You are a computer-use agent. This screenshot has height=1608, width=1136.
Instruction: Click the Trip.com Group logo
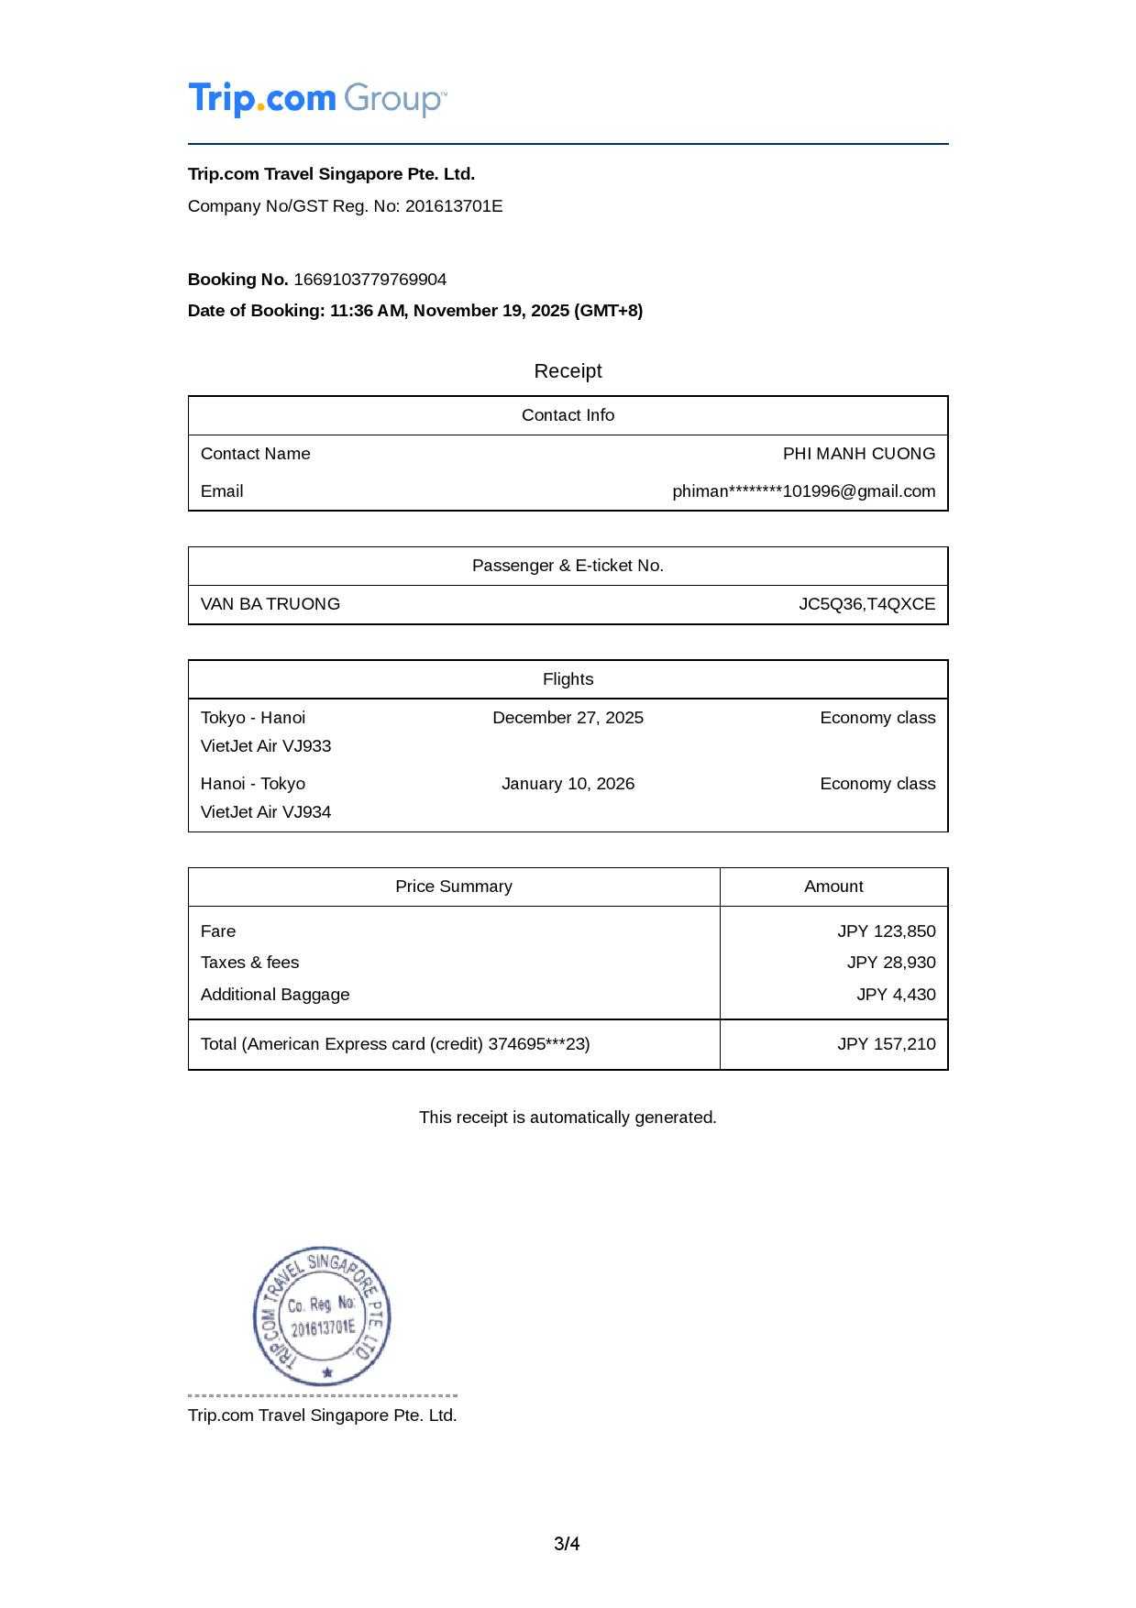[317, 99]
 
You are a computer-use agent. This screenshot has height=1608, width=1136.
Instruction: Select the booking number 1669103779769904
[369, 280]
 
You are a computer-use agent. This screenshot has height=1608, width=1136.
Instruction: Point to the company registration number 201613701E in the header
[454, 206]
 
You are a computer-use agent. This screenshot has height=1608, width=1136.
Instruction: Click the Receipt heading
[568, 371]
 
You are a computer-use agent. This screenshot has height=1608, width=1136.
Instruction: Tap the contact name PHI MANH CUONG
[858, 454]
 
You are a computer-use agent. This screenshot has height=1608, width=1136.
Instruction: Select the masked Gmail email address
[803, 491]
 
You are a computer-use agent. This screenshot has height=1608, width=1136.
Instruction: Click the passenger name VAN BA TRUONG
[270, 604]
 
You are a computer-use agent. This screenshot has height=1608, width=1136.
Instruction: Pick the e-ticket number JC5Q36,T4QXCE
[866, 604]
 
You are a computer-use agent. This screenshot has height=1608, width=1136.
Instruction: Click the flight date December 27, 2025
[568, 718]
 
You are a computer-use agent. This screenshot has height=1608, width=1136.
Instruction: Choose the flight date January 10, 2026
[568, 784]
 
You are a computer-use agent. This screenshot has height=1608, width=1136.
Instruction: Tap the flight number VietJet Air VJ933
[266, 746]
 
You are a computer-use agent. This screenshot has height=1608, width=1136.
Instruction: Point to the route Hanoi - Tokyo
[253, 784]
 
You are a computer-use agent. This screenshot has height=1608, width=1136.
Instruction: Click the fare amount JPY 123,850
[886, 931]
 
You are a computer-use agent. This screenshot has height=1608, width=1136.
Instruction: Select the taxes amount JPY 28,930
[890, 963]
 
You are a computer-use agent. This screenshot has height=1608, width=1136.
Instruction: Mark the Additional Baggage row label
[275, 995]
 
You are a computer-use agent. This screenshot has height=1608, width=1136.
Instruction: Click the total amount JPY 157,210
[886, 1044]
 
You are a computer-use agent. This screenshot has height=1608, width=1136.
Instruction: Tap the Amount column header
[833, 887]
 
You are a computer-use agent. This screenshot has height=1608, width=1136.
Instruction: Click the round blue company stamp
[322, 1316]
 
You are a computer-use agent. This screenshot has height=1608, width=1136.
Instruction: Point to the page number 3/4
[567, 1545]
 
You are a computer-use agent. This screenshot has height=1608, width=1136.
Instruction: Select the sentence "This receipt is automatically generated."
[568, 1118]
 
